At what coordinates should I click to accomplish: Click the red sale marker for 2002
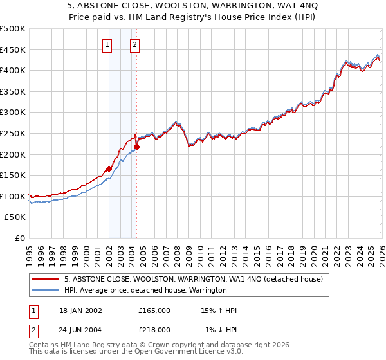pos(109,168)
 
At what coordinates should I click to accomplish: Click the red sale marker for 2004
pos(136,147)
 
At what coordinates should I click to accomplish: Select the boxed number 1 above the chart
pos(107,45)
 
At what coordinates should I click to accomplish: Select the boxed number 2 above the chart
pos(134,45)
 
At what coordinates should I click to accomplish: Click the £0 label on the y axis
pos(21,239)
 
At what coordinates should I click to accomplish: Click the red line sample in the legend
pos(46,279)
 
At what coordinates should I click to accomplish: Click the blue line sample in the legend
pos(46,290)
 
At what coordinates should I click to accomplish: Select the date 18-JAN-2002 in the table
pos(80,310)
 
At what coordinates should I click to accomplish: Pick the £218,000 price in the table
pos(154,329)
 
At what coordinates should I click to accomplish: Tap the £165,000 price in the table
pos(154,310)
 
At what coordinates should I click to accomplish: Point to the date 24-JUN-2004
pos(80,329)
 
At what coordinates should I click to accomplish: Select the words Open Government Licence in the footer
pos(167,352)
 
